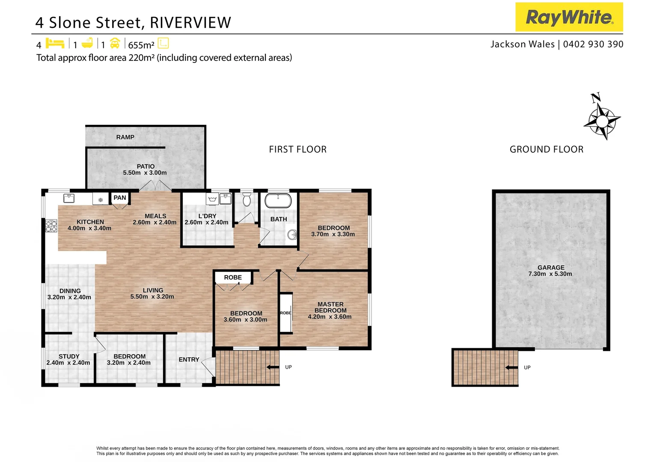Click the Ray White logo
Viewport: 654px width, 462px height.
coord(569,17)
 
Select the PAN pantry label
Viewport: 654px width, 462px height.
coord(120,198)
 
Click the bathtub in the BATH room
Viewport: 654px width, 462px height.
coord(278,201)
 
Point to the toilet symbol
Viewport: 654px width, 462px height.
coord(247,199)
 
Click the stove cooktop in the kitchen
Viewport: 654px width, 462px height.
coord(51,226)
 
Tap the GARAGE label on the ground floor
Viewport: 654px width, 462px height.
coord(551,267)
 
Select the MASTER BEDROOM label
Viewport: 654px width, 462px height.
coord(330,307)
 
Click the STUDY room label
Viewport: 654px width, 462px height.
coord(69,356)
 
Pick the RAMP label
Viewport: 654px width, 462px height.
coord(125,137)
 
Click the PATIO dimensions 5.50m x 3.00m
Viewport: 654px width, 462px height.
coord(145,173)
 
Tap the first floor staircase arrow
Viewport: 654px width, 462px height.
coord(273,367)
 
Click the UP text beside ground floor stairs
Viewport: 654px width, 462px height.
coord(527,367)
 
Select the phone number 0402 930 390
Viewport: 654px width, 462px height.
coord(593,44)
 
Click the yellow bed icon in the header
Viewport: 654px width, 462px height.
coord(55,43)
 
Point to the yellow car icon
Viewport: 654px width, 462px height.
coord(115,43)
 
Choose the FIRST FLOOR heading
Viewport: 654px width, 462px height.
coord(297,149)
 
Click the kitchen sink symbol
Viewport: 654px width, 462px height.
coord(69,198)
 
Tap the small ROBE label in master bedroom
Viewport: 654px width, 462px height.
coord(285,313)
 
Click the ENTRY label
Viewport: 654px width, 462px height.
coord(189,359)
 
